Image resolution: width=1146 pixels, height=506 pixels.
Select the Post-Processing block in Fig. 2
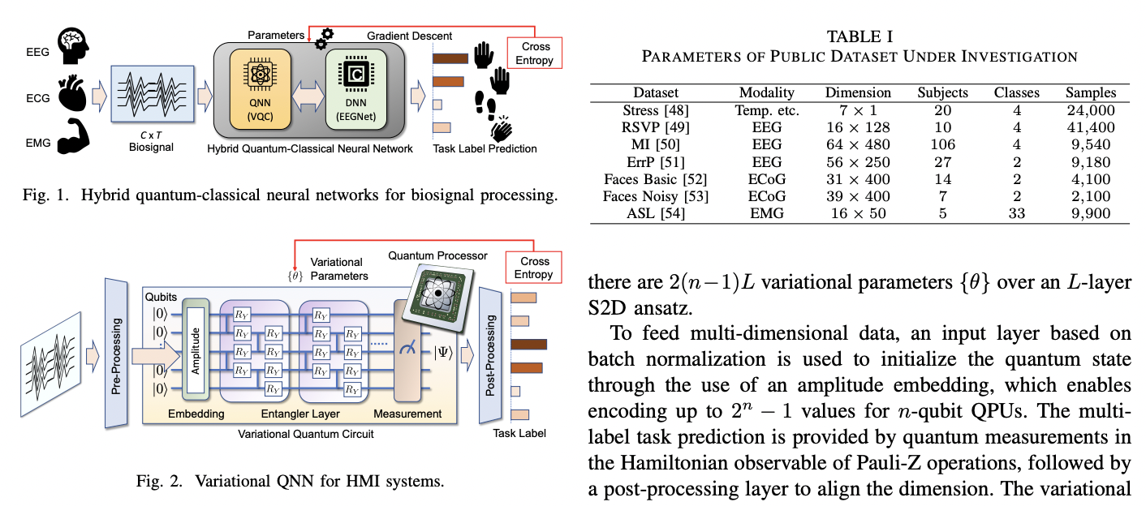coord(490,355)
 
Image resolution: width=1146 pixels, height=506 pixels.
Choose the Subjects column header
coord(942,92)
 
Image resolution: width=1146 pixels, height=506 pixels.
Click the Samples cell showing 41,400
coord(1091,127)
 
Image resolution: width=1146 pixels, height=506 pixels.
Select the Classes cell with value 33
coord(1016,213)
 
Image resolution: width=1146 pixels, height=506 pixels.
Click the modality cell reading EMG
coord(766,213)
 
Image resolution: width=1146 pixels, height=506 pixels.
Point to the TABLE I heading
coord(859,36)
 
